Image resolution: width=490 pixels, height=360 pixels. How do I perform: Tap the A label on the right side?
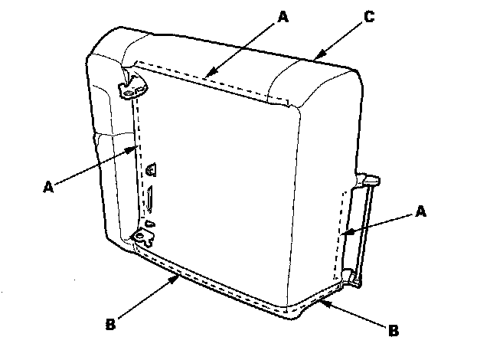(x=420, y=210)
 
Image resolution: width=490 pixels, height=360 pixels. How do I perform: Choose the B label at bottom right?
(x=394, y=332)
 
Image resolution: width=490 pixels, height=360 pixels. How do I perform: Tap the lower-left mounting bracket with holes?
(x=142, y=237)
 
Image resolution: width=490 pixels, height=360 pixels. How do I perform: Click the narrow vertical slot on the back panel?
(x=151, y=201)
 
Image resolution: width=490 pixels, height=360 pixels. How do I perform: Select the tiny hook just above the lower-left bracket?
(x=150, y=223)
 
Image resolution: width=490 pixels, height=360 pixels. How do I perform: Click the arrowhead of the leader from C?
(x=313, y=57)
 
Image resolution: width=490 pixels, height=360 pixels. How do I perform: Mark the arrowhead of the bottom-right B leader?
(x=321, y=302)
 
